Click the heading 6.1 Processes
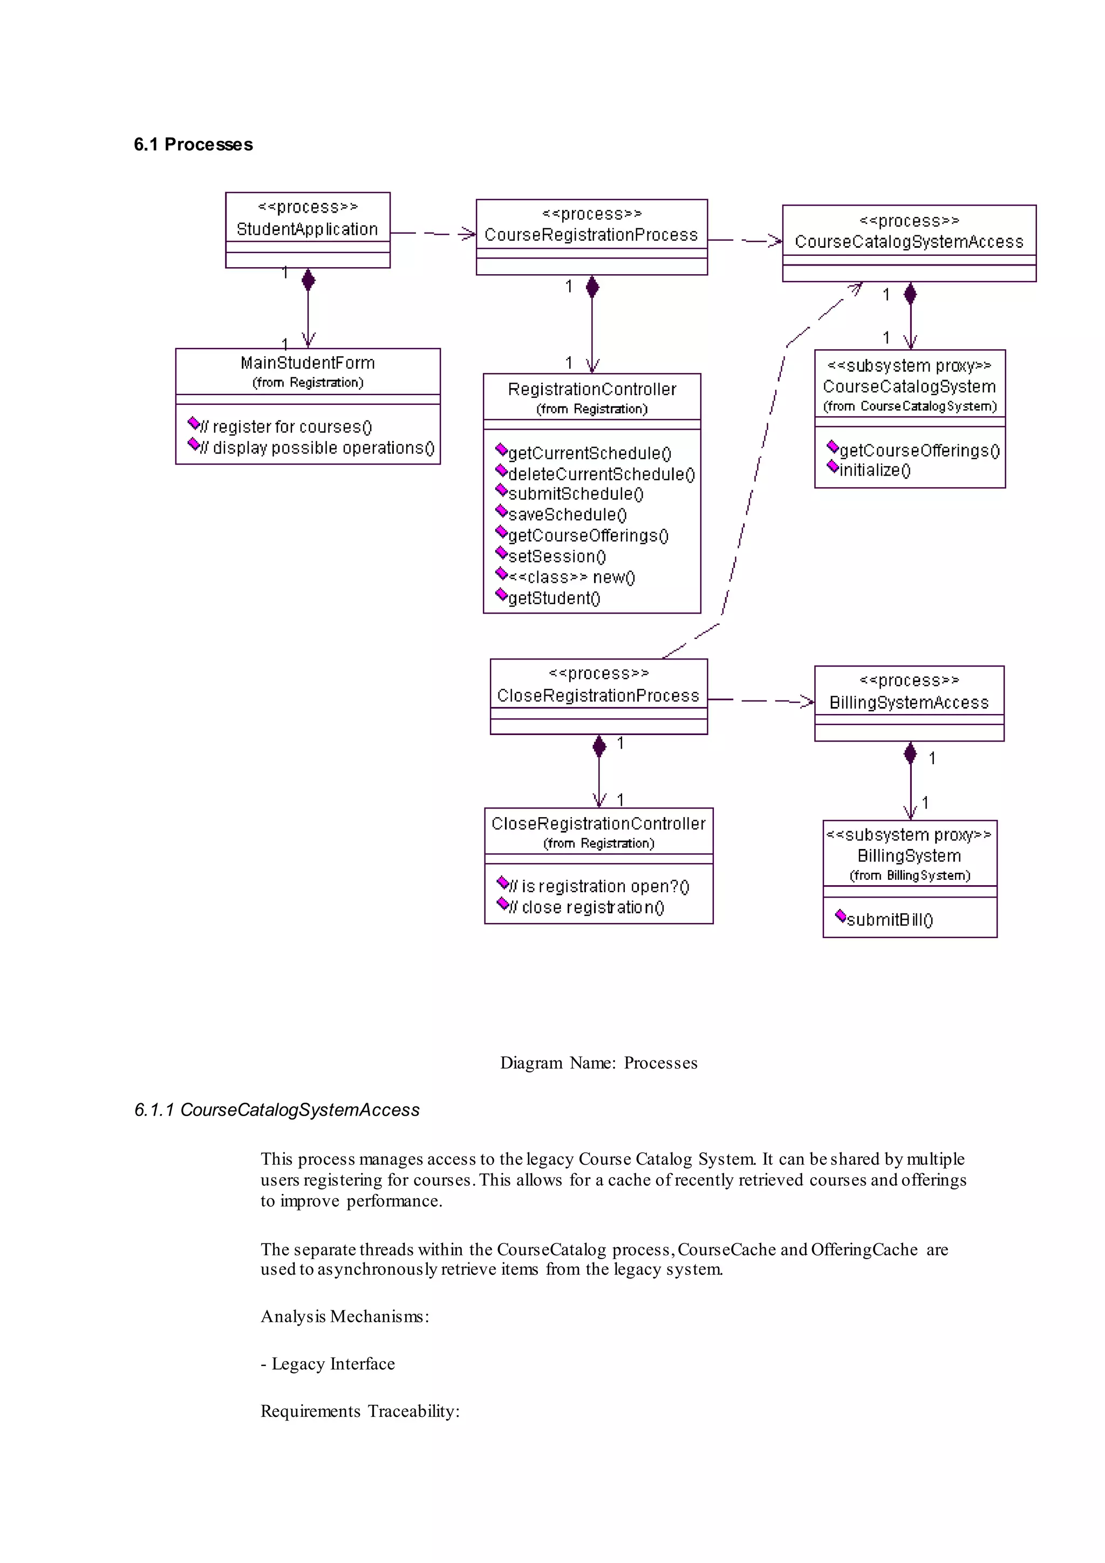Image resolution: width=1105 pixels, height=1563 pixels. click(x=193, y=144)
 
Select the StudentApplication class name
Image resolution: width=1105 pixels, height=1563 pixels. click(x=307, y=229)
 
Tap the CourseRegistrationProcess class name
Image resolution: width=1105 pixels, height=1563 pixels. click(x=591, y=235)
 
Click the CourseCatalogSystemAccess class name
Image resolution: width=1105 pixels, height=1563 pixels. click(x=909, y=242)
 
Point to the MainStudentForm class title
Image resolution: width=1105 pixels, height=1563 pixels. click(x=308, y=363)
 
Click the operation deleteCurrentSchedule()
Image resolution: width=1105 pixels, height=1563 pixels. click(x=601, y=474)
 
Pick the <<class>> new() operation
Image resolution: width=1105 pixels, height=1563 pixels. click(x=571, y=577)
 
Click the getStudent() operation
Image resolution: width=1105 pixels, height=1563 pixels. click(x=554, y=599)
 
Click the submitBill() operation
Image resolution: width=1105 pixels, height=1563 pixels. click(x=889, y=920)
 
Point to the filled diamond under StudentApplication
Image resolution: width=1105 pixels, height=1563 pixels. click(x=308, y=280)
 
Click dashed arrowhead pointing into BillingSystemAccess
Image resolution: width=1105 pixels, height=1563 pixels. click(x=807, y=701)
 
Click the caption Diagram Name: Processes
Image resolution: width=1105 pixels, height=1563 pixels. click(x=599, y=1063)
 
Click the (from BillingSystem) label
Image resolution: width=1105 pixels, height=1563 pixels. click(x=910, y=875)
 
